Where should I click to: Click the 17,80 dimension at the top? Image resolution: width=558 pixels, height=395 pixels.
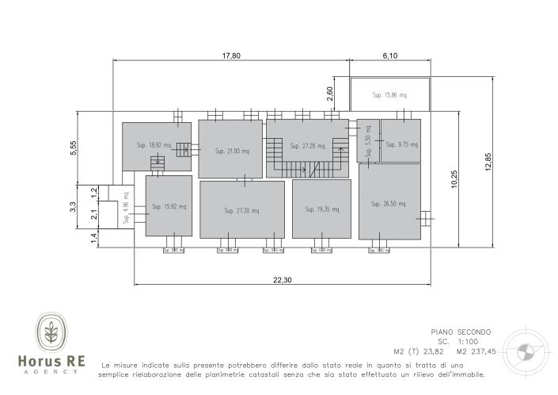[x=230, y=56]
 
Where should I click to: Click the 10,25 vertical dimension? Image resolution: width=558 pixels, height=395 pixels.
[x=454, y=179]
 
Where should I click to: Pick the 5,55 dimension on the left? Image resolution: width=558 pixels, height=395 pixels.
[x=72, y=148]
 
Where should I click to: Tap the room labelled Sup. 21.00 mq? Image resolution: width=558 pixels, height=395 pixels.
[x=230, y=149]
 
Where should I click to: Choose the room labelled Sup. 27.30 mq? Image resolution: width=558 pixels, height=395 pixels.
[x=241, y=209]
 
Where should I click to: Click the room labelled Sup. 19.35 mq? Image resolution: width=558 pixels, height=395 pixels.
[x=321, y=209]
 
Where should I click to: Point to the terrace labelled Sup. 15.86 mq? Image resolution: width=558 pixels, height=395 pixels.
[x=389, y=95]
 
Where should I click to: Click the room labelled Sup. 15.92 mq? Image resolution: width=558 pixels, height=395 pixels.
[x=169, y=206]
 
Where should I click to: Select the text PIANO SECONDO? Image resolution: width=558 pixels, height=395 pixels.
[x=461, y=332]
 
